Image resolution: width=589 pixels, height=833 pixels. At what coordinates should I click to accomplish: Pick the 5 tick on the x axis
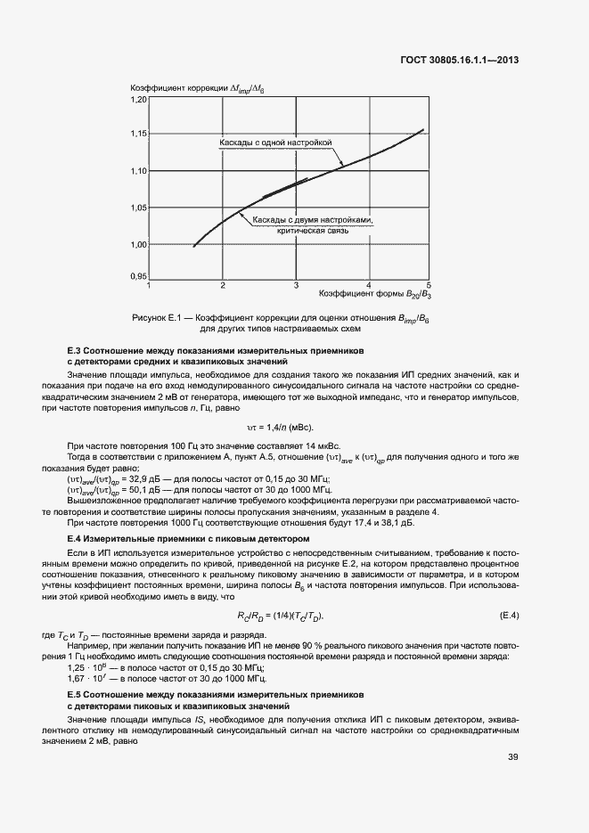[429, 285]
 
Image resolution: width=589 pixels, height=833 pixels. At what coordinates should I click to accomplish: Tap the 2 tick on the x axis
[224, 285]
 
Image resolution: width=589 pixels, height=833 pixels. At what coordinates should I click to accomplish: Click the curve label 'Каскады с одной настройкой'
[275, 143]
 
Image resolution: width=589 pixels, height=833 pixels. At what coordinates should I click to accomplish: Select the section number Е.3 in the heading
[74, 351]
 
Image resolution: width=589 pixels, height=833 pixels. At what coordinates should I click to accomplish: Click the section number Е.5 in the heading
[74, 693]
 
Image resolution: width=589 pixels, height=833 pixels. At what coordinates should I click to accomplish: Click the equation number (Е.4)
[509, 617]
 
